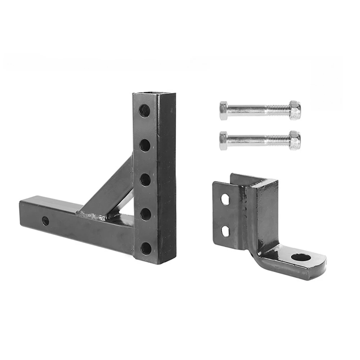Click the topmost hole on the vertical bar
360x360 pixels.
tap(145, 110)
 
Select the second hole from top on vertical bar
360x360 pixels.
tap(145, 145)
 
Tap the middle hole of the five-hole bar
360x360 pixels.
tap(145, 180)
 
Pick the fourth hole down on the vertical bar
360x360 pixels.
tap(145, 214)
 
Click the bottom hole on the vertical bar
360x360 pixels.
tap(146, 248)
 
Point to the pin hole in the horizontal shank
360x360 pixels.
tap(45, 221)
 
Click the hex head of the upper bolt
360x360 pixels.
tap(224, 111)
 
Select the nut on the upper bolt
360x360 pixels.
tap(295, 110)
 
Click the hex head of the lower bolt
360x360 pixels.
tap(224, 141)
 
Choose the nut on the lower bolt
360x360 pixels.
tap(295, 140)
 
